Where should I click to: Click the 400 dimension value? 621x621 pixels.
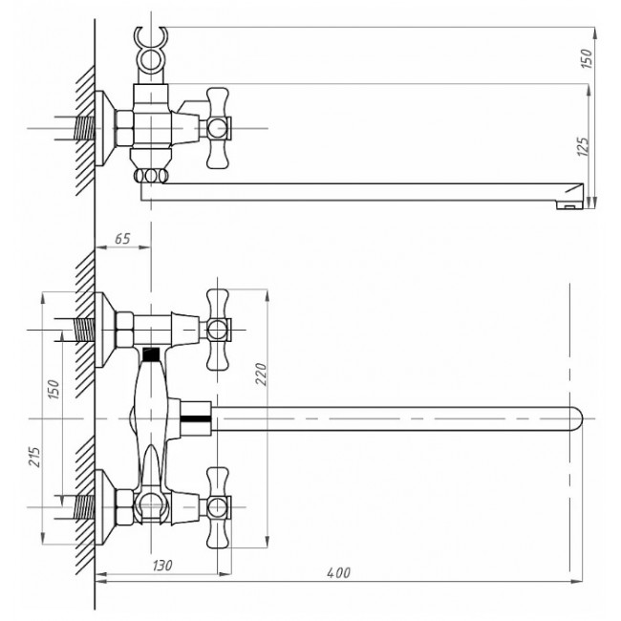[338, 572]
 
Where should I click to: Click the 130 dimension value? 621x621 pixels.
[162, 565]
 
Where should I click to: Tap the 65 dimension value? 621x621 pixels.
[122, 239]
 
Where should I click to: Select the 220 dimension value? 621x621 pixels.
[262, 374]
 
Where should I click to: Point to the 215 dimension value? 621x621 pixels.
[34, 457]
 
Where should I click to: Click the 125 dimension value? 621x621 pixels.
[584, 146]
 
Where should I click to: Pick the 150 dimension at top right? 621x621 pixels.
[587, 58]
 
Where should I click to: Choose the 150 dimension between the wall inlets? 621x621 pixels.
[54, 389]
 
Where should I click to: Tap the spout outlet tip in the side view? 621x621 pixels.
[570, 196]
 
